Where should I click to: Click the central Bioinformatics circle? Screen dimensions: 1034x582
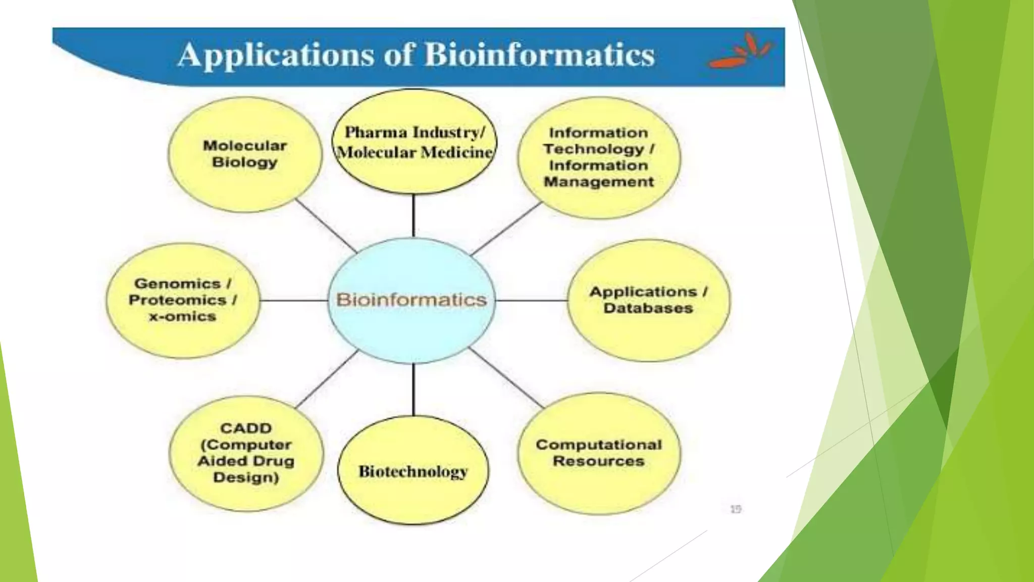click(411, 300)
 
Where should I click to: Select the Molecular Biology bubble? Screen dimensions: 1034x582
click(245, 154)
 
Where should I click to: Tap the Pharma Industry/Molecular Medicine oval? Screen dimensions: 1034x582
click(414, 142)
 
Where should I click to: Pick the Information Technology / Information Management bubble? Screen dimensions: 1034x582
click(599, 158)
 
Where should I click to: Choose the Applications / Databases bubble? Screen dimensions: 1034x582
click(648, 300)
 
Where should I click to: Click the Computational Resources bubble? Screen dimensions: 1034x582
click(599, 453)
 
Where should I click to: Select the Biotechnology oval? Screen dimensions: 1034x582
click(413, 471)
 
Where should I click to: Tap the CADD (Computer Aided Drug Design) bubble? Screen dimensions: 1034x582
click(246, 453)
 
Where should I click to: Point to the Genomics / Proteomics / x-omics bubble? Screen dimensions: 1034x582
click(182, 300)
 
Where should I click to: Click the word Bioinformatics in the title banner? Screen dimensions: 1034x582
click(539, 55)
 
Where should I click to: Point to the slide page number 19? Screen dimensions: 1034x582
click(736, 509)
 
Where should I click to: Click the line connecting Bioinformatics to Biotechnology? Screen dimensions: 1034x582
click(413, 390)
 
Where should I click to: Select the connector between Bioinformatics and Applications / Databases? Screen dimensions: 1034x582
click(532, 300)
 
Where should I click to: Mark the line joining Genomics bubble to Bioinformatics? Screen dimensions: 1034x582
click(294, 300)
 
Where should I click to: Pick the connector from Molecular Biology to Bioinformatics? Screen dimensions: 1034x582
click(326, 226)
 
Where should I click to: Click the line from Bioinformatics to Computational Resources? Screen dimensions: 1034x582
click(506, 377)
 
